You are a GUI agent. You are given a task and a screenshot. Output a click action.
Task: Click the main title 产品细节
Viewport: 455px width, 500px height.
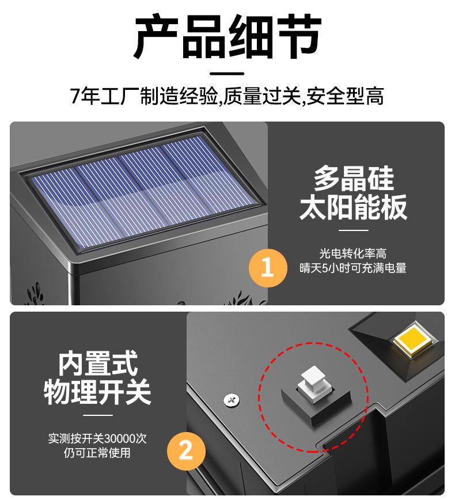click(x=227, y=36)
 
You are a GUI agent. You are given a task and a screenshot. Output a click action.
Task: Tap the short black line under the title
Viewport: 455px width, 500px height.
click(x=227, y=74)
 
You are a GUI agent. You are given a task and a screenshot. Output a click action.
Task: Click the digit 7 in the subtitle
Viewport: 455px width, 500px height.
click(x=75, y=96)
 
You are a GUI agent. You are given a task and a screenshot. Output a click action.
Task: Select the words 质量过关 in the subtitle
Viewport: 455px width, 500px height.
click(x=262, y=96)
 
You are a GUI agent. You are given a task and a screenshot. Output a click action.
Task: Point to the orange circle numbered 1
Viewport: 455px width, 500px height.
click(x=267, y=267)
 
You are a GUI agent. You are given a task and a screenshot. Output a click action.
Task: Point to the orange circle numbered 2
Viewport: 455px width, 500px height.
click(x=186, y=450)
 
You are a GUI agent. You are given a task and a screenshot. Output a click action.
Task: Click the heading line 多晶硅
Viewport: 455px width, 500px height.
click(x=353, y=178)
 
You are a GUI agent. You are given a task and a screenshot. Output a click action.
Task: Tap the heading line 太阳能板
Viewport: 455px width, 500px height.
click(x=353, y=207)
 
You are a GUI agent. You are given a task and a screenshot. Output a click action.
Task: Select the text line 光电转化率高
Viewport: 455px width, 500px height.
click(x=352, y=253)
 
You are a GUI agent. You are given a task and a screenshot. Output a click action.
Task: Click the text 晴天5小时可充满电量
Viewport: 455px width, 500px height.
click(x=352, y=268)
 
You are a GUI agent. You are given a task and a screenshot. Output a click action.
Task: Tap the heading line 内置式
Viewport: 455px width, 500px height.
click(x=97, y=363)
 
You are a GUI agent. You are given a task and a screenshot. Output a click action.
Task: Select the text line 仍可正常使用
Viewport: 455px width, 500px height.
click(x=97, y=453)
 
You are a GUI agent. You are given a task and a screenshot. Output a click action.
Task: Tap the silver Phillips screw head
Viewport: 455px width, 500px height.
click(x=232, y=400)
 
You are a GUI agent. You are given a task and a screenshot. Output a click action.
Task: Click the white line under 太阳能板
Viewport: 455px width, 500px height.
click(x=353, y=230)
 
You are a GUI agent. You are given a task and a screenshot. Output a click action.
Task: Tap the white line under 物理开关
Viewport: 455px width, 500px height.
click(x=98, y=415)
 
